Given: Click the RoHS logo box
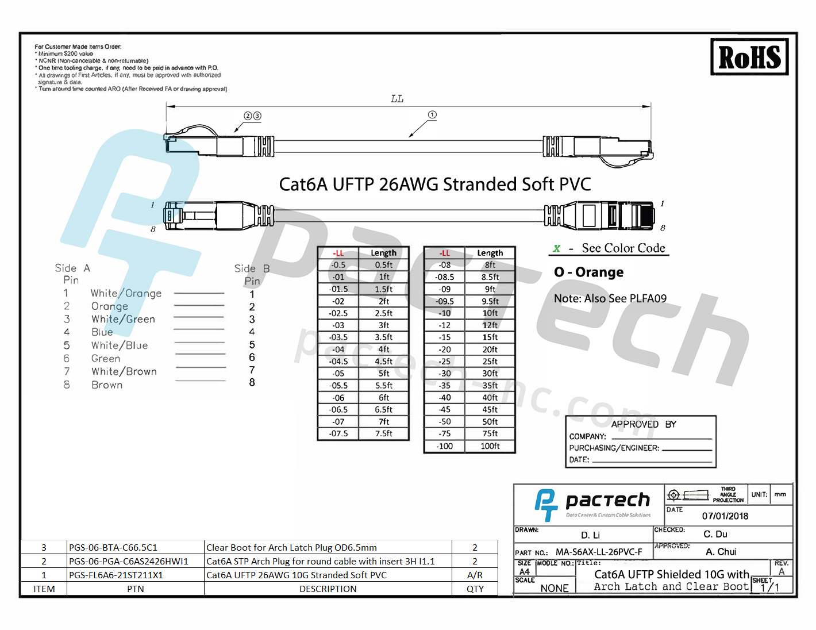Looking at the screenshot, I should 749,57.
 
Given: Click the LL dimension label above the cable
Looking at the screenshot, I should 397,99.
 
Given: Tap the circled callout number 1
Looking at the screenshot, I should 432,115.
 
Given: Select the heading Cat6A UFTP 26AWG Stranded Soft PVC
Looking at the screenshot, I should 434,184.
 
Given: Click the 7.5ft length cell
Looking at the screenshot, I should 384,433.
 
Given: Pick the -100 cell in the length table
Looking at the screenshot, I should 444,446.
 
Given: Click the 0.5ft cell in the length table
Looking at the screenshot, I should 384,265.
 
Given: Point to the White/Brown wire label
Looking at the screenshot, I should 124,371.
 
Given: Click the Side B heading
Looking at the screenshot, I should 252,268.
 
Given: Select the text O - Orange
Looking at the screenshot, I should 588,272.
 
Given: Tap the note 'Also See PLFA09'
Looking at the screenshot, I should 610,298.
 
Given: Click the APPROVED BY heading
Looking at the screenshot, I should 644,424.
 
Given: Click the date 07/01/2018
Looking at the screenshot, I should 725,516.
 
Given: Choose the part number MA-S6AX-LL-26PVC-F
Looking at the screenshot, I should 599,552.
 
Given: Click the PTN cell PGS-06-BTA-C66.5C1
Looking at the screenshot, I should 113,547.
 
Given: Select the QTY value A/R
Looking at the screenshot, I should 475,575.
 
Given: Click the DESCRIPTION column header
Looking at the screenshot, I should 328,589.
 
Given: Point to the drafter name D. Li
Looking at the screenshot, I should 590,535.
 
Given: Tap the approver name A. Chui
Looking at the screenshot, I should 721,552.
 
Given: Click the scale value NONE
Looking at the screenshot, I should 555,588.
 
